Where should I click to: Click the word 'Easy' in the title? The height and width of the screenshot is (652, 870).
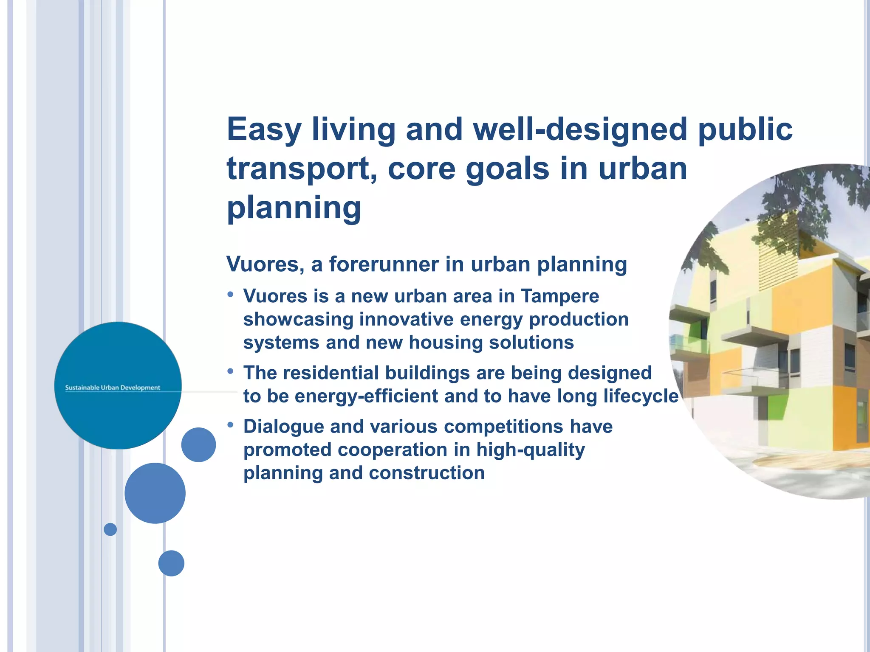coord(264,129)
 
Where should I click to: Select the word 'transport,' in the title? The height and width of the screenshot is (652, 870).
coord(302,169)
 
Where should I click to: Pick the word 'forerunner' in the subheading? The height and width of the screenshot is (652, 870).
coord(384,264)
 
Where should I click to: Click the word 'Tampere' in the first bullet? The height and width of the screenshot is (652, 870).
coord(560,296)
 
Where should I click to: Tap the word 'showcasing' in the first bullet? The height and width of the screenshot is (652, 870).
coord(297,319)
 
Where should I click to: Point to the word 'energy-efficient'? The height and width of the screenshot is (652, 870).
coord(366,396)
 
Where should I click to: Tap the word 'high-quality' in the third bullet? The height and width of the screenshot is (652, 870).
coord(531,450)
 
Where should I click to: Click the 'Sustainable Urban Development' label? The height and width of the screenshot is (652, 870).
coord(113,388)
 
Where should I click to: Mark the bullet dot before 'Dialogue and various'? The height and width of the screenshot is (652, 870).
coord(230,424)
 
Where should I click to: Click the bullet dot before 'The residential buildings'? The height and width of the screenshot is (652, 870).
coord(230,371)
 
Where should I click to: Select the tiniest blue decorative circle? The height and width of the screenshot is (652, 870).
coord(110,529)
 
